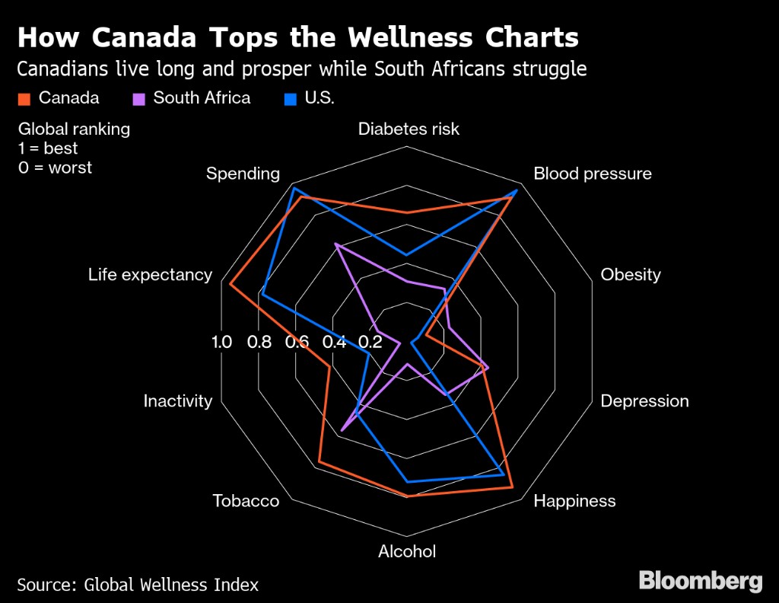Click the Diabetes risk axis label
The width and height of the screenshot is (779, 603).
(409, 129)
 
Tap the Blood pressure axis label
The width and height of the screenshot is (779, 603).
(592, 174)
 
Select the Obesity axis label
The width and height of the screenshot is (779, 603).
(631, 275)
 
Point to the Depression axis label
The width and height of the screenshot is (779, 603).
(644, 401)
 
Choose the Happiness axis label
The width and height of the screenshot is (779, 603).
(574, 501)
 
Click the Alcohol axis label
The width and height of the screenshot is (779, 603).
(407, 551)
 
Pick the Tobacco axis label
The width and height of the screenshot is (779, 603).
(246, 501)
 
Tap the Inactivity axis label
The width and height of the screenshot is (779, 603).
(177, 401)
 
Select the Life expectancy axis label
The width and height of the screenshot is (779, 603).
(150, 275)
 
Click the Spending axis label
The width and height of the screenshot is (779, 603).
(243, 174)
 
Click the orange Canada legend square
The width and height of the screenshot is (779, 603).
(24, 98)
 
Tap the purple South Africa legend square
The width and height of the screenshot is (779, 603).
(138, 98)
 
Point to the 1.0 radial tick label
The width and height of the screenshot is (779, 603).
(221, 342)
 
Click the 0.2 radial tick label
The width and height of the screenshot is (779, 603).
(370, 342)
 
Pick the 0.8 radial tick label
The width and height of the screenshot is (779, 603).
(259, 342)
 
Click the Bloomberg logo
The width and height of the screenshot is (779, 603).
(700, 582)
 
